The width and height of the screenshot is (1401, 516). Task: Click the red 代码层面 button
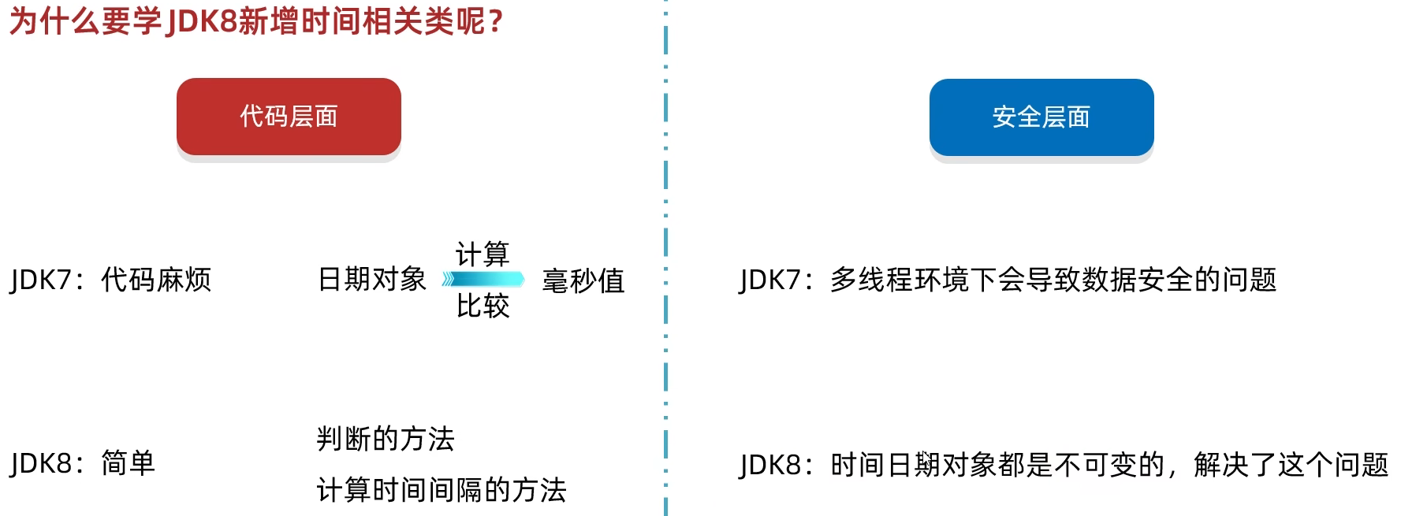[x=289, y=117]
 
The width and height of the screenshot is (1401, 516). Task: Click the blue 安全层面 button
[x=1041, y=117]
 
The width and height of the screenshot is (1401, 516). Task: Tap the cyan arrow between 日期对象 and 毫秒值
[x=483, y=279]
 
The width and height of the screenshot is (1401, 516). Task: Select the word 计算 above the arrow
[x=483, y=254]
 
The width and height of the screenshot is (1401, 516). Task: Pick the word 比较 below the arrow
[x=483, y=306]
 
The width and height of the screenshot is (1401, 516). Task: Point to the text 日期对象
[x=371, y=280]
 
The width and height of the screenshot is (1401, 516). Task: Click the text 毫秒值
[x=583, y=280]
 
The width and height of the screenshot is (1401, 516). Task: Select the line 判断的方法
[x=386, y=439]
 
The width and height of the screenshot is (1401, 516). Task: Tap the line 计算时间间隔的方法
[x=442, y=490]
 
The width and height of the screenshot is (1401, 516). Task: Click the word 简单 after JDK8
[x=128, y=463]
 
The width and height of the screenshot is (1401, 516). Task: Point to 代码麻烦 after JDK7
[x=156, y=280]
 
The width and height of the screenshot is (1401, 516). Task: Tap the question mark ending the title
[x=495, y=21]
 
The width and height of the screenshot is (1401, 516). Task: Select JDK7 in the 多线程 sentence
[x=770, y=280]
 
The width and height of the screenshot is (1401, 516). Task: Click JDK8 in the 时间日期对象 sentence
[x=770, y=465]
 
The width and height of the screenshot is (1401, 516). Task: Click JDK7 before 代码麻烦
[x=41, y=280]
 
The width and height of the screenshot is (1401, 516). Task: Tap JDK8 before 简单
[x=41, y=463]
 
